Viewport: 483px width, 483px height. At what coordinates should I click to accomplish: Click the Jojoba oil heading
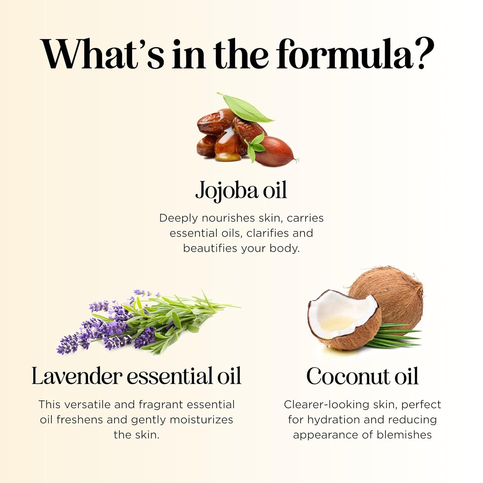241,191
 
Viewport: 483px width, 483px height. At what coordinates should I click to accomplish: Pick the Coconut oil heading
362,376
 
